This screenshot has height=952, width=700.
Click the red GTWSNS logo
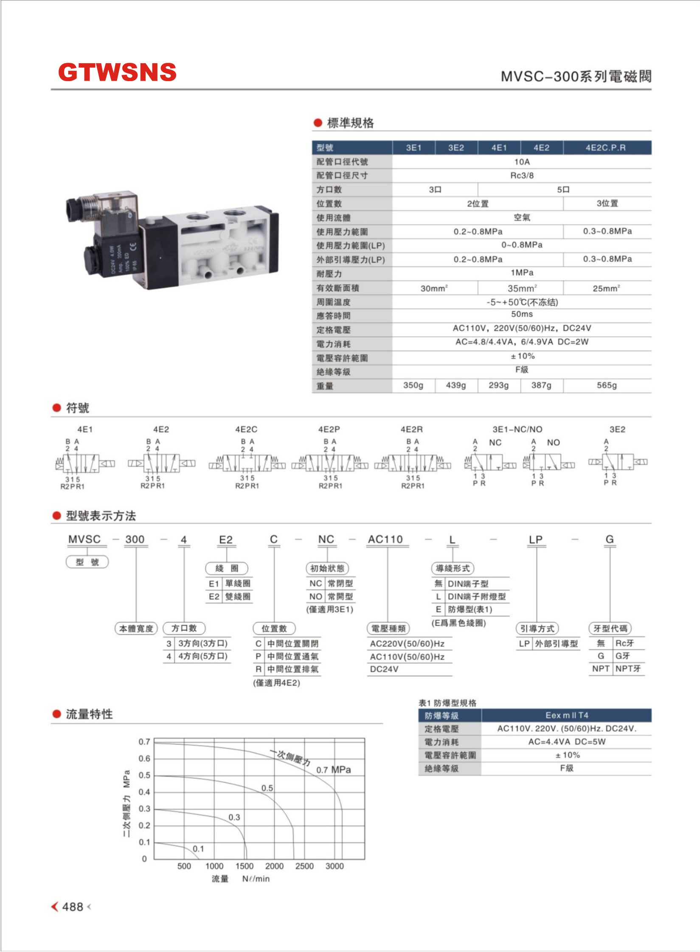click(x=117, y=72)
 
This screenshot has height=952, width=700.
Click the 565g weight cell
click(x=607, y=385)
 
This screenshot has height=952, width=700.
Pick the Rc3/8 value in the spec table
click(x=522, y=176)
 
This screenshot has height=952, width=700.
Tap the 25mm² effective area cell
click(x=606, y=288)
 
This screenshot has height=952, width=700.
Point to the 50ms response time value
click(x=522, y=314)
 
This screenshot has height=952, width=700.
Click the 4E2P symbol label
click(x=329, y=430)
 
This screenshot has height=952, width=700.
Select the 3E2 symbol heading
click(x=617, y=430)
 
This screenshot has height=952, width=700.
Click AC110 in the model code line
click(x=385, y=539)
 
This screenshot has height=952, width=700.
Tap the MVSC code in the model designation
click(x=84, y=539)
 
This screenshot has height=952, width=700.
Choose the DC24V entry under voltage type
click(x=384, y=669)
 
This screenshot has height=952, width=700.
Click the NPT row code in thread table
click(x=601, y=669)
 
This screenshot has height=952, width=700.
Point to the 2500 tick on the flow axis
click(x=304, y=866)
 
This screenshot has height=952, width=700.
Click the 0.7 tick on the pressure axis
click(x=144, y=742)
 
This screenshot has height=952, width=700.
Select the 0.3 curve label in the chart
click(x=234, y=817)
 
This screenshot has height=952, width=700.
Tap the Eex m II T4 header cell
click(x=567, y=716)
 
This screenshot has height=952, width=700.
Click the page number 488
click(x=73, y=907)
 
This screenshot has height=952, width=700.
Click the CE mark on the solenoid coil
click(x=133, y=247)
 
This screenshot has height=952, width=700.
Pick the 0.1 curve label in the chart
click(x=198, y=849)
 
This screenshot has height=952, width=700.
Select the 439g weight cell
click(x=455, y=385)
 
